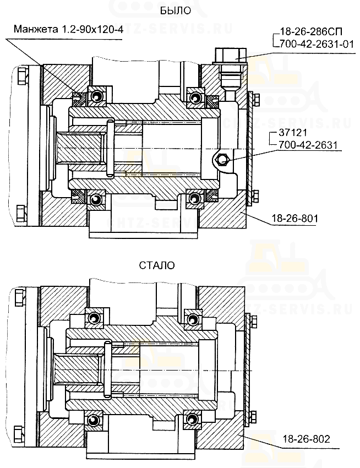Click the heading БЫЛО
pyautogui.click(x=175, y=11)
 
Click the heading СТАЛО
pyautogui.click(x=157, y=265)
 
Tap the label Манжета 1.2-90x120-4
pyautogui.click(x=68, y=30)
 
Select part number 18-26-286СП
pyautogui.click(x=311, y=31)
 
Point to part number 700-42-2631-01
pyautogui.click(x=316, y=44)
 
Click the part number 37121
pyautogui.click(x=292, y=133)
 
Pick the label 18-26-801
pyautogui.click(x=294, y=219)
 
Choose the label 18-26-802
pyautogui.click(x=306, y=439)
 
